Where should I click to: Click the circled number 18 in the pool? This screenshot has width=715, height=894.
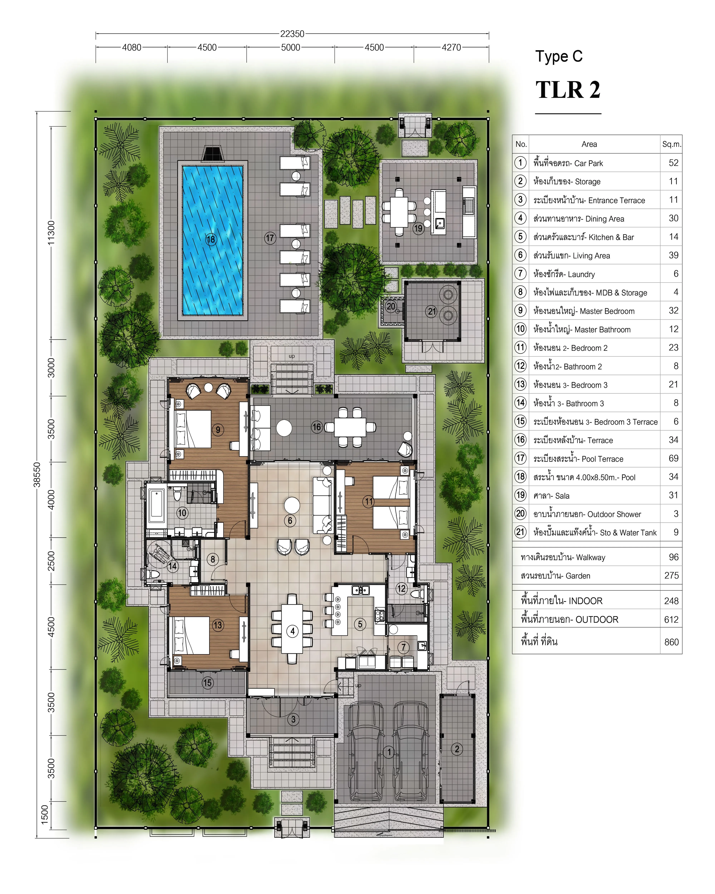211,239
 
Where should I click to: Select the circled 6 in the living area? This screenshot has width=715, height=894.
290,520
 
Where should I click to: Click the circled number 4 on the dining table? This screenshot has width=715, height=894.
293,631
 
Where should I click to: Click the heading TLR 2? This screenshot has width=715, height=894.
568,90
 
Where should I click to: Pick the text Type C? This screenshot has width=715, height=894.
559,56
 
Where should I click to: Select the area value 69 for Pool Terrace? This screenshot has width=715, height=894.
674,458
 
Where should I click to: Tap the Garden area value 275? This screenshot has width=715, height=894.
672,576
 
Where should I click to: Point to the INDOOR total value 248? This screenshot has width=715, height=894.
672,601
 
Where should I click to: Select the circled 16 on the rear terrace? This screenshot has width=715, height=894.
317,427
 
